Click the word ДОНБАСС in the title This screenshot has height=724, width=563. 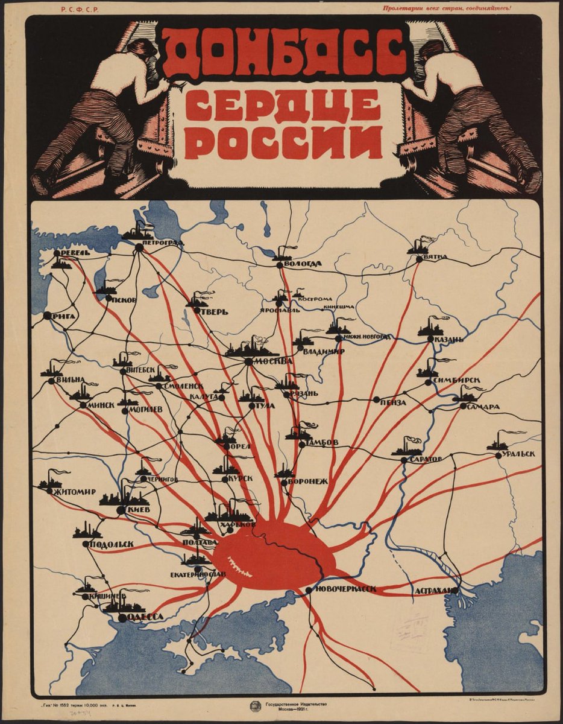(x=283, y=53)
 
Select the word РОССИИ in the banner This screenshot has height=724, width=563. (x=283, y=143)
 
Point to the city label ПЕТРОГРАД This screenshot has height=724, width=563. (x=163, y=243)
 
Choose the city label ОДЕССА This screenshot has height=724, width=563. (x=145, y=617)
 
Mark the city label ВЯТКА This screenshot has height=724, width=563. (x=435, y=257)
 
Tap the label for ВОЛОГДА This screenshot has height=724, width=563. (x=304, y=264)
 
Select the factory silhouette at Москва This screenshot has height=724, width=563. (x=250, y=349)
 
